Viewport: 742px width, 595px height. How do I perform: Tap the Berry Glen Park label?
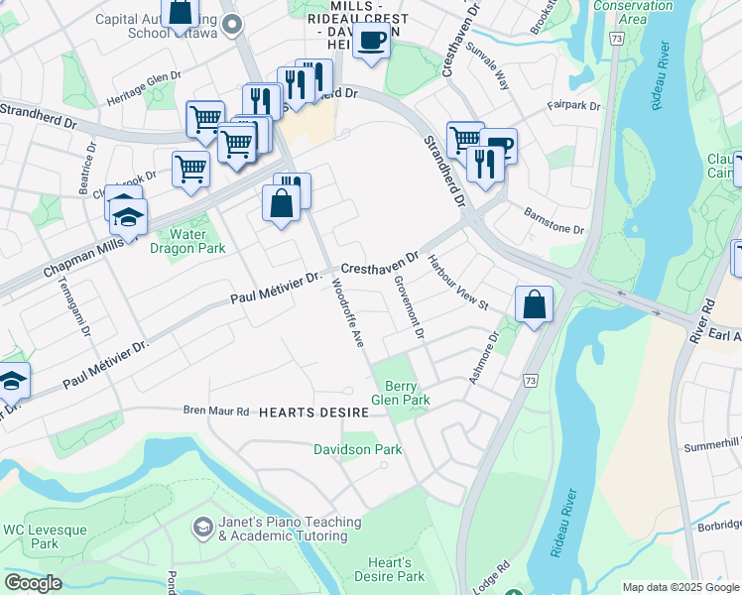(x=400, y=393)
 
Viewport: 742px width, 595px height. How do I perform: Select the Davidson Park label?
(x=358, y=449)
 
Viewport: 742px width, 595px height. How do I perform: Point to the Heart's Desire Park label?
(x=392, y=569)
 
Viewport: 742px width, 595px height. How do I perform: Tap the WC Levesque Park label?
(x=30, y=536)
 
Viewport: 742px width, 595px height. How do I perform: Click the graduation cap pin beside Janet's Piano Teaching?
(x=203, y=525)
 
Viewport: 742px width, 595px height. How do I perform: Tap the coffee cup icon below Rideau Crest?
(x=372, y=42)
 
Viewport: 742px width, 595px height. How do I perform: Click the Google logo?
(x=33, y=583)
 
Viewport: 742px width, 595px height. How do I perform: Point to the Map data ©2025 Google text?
(x=680, y=587)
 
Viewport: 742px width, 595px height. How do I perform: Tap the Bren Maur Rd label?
(x=215, y=411)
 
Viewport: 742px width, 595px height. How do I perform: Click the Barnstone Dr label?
(x=553, y=228)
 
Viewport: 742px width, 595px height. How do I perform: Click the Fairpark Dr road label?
(x=574, y=105)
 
